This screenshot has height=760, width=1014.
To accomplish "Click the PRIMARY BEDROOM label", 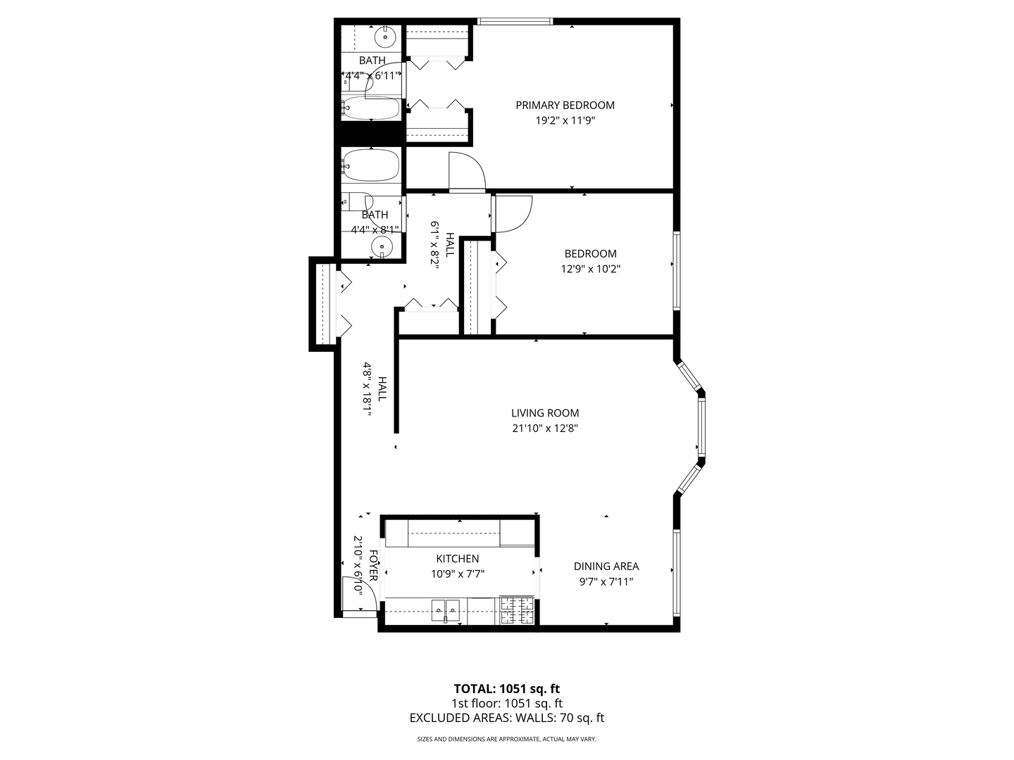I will point(565,106).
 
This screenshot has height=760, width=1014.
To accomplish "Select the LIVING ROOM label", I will point(545,413).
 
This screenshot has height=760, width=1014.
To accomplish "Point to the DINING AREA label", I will point(606,566).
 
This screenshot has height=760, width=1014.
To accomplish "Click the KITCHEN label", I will point(457,559).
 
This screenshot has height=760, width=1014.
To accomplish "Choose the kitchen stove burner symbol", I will point(518,611).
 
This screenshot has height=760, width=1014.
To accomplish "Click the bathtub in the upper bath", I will point(371,109).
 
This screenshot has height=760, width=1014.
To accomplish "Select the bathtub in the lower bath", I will point(371,165).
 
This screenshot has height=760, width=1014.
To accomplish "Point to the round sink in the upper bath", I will point(385,36).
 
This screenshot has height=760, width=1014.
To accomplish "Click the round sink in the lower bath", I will point(382,246).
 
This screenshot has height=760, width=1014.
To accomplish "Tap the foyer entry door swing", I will point(352,595).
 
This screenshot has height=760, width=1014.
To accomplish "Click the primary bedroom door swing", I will point(466,170).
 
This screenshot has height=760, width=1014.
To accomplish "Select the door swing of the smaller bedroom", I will point(513,213).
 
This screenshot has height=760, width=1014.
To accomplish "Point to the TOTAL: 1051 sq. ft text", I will point(506,689).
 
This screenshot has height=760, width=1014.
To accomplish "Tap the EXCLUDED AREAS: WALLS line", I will point(506,718).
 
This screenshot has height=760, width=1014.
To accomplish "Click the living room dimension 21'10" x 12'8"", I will point(545,428).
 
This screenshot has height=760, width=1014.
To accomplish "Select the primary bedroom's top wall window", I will point(515,21).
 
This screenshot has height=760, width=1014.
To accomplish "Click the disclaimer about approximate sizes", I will point(506,740).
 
